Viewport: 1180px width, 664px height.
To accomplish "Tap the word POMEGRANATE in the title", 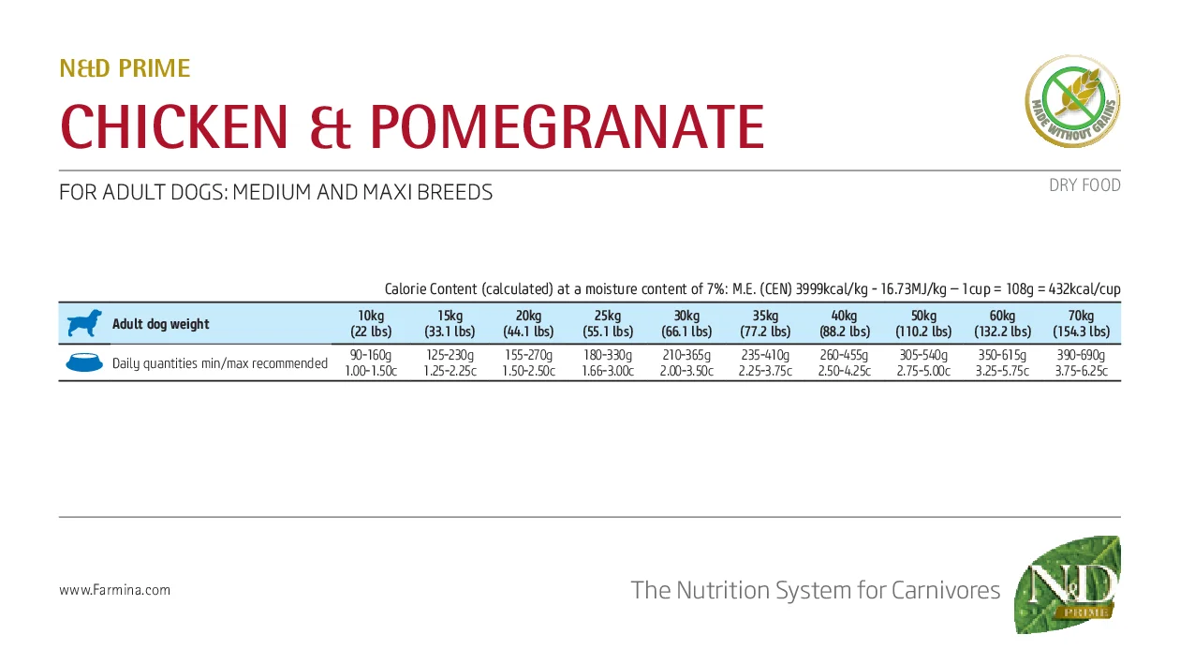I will point(567,127).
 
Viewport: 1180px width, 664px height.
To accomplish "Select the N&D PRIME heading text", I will point(125,68).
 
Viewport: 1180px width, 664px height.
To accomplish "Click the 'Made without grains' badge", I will point(1072,101).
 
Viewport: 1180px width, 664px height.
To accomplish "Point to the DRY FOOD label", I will point(1084,185).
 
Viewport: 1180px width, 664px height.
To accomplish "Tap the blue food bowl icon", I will point(84,363).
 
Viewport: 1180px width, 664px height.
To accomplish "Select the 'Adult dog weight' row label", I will point(161,324).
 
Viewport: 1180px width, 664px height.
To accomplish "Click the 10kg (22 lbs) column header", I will point(371,324).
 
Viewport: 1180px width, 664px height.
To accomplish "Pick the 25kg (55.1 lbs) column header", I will point(607,324).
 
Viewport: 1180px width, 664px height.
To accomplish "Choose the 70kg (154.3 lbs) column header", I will point(1081,324).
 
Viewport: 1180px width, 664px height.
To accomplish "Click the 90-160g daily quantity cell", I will point(371,356).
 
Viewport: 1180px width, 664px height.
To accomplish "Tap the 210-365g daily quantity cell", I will point(686,356).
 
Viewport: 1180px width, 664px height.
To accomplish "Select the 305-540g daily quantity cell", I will point(922,356).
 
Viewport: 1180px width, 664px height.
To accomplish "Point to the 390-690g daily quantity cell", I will point(1081,356).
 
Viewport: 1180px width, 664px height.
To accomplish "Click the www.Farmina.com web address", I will point(114,590).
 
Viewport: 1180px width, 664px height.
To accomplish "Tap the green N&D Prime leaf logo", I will point(1068,584).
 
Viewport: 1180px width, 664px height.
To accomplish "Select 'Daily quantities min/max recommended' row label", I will point(220,363).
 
